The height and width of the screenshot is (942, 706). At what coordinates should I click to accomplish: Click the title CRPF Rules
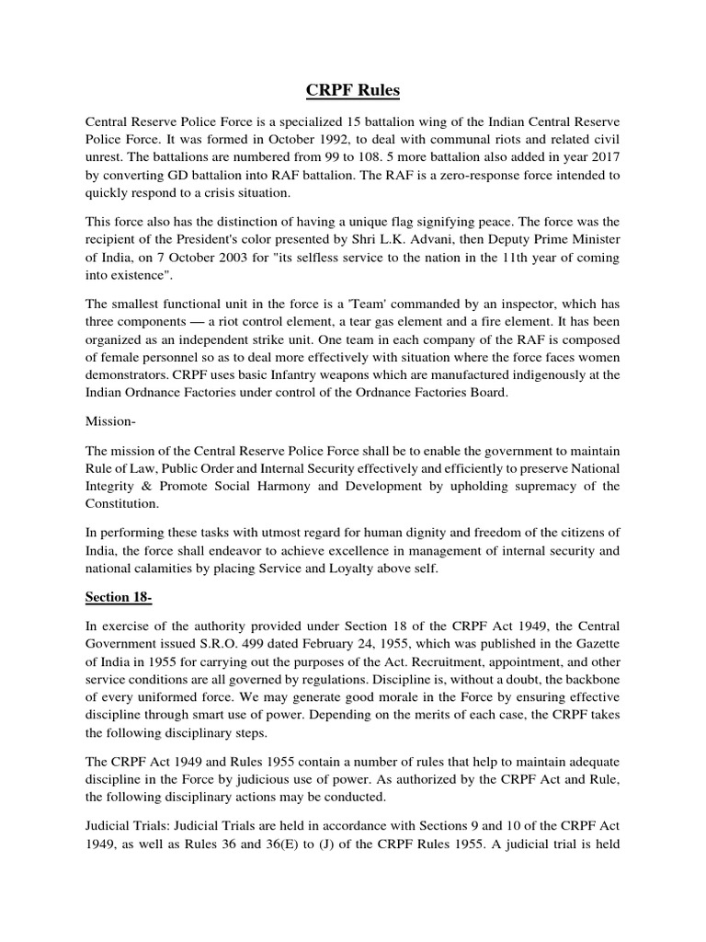coord(353,91)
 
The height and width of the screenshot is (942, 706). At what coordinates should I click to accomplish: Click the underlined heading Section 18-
coord(119,597)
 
